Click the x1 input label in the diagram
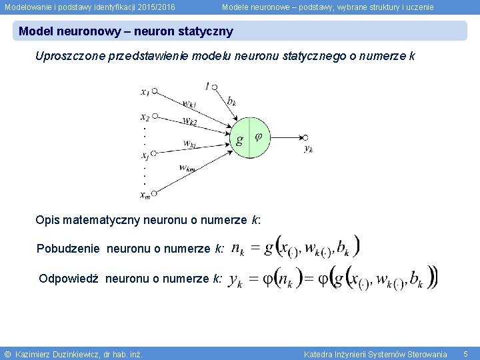tap(145, 92)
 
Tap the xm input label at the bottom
tap(145, 195)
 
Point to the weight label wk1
tap(189, 104)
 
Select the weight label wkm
tap(187, 168)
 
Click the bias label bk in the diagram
tap(231, 101)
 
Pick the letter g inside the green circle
tap(239, 140)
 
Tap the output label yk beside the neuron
tap(309, 149)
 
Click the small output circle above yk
tap(305, 137)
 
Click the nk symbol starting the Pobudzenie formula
tap(238, 249)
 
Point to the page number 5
tap(466, 353)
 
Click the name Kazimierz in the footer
tap(36, 354)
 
